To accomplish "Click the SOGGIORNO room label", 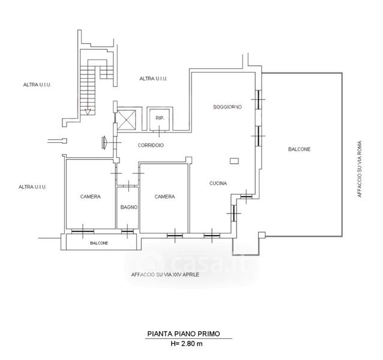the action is [228, 107].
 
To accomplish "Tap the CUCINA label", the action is [218, 183].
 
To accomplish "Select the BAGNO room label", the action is [128, 207].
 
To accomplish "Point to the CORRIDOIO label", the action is [151, 145].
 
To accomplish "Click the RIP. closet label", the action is [160, 118].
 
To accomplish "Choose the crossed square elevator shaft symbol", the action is [127, 119].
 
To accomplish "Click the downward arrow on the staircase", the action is [88, 112].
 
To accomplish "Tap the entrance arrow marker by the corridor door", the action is [104, 142].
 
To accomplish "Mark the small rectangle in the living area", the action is [234, 161].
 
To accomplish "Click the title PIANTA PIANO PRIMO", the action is [184, 334].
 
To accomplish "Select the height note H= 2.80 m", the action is [187, 344].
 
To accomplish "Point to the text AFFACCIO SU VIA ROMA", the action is [360, 169].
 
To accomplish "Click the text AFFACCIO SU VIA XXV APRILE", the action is [165, 275].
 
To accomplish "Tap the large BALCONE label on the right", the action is [299, 149].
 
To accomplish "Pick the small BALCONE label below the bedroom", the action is [99, 243].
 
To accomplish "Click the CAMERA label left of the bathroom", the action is [91, 196].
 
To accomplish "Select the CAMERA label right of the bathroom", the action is [164, 196].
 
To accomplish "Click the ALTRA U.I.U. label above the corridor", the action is [153, 79].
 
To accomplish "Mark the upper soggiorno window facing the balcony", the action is [258, 100].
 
